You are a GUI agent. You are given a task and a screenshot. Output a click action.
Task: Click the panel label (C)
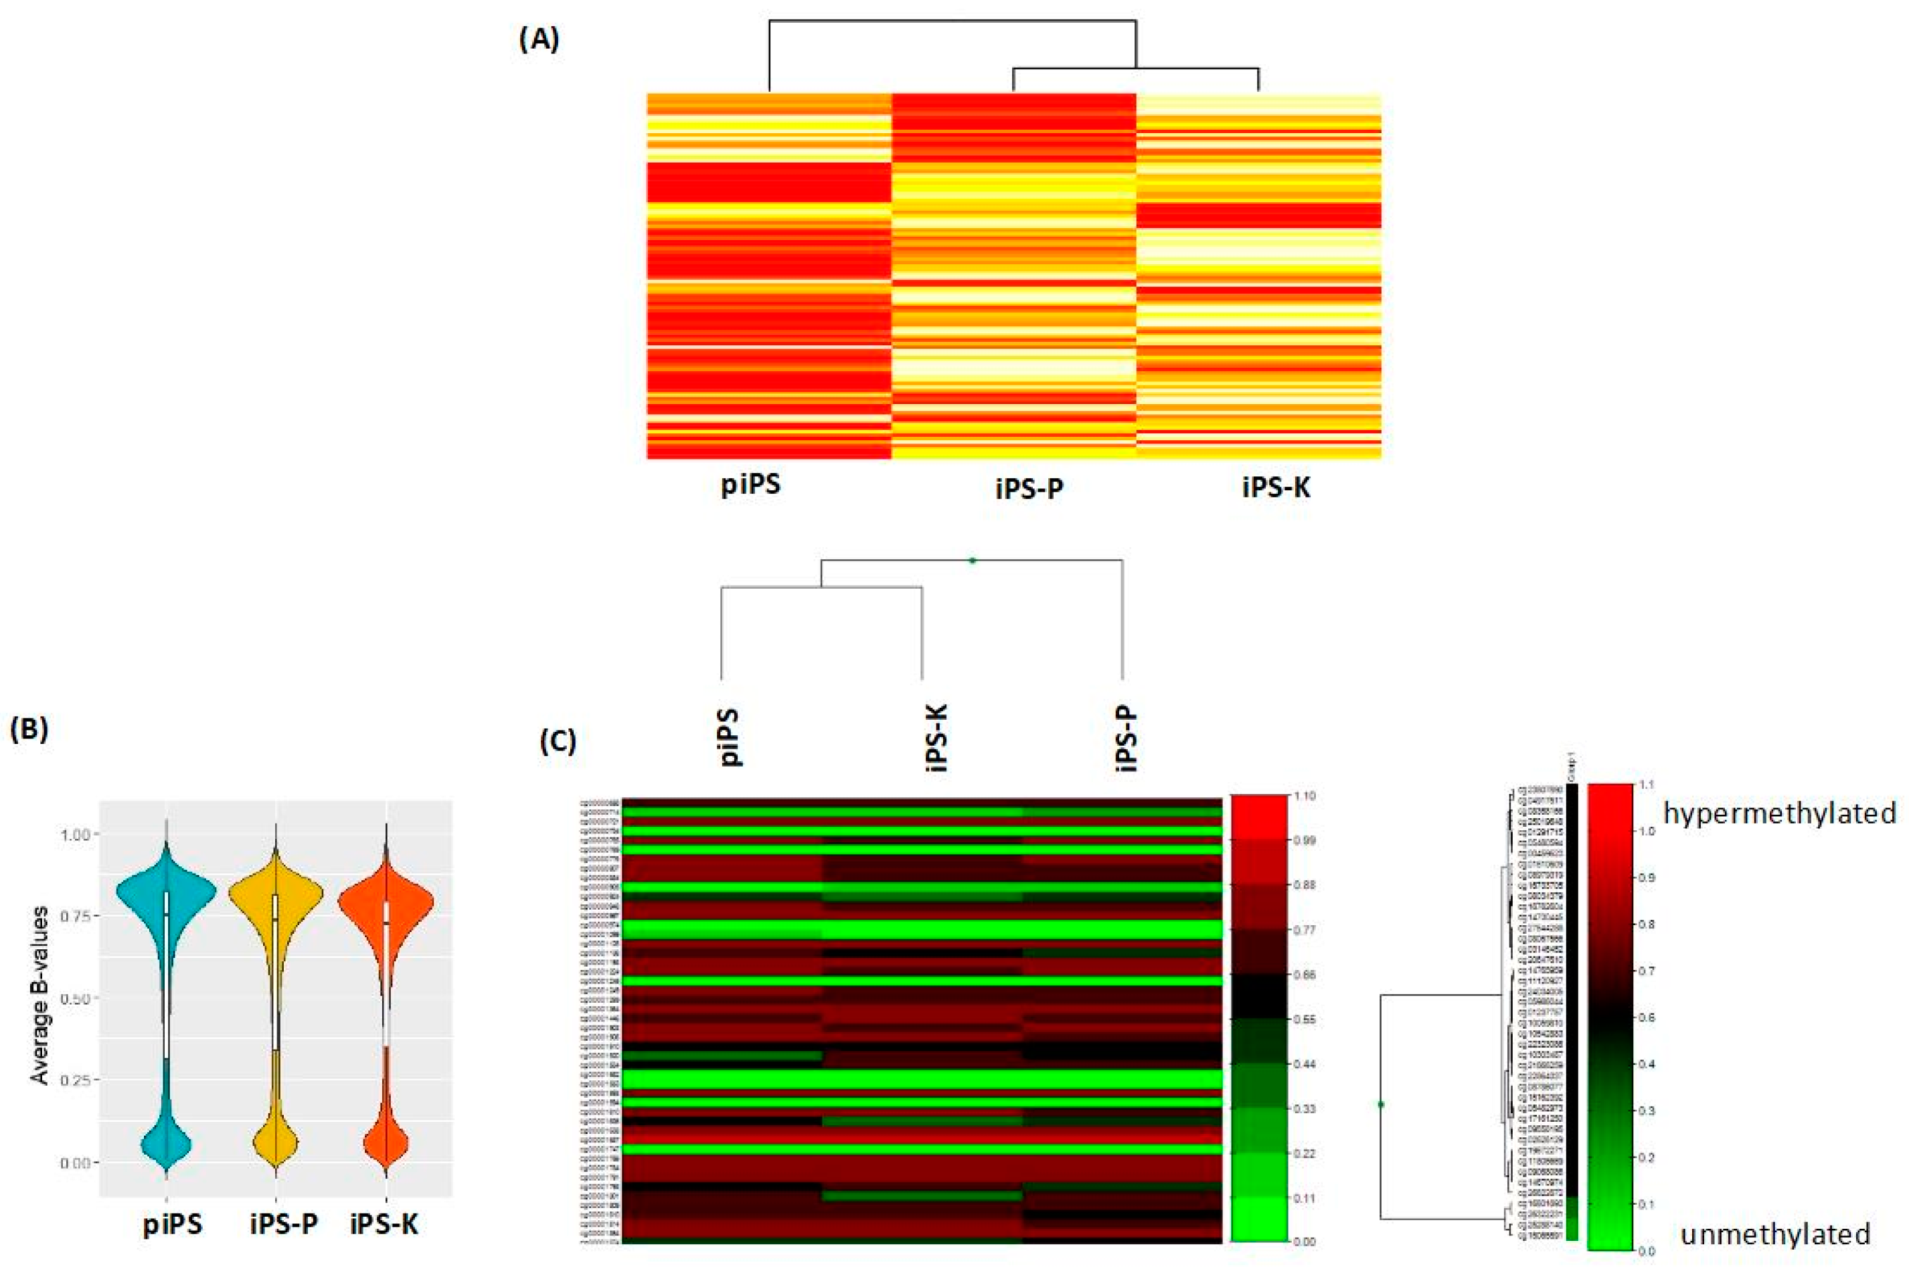pyautogui.click(x=559, y=741)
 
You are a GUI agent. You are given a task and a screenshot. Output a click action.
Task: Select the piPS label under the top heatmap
pyautogui.click(x=750, y=485)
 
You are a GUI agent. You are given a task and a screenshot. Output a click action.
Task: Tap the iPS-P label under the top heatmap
pyautogui.click(x=1029, y=488)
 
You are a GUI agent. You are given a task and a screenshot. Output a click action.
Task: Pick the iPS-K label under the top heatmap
pyautogui.click(x=1276, y=487)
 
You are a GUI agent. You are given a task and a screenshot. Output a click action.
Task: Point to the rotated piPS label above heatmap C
pyautogui.click(x=731, y=737)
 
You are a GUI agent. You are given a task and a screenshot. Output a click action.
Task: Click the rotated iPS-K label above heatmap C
pyautogui.click(x=936, y=737)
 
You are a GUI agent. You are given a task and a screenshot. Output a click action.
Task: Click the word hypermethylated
pyautogui.click(x=1780, y=813)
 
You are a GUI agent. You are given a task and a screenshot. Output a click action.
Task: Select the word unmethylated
pyautogui.click(x=1775, y=1234)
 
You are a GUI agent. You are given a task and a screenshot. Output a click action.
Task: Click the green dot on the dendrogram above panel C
pyautogui.click(x=973, y=560)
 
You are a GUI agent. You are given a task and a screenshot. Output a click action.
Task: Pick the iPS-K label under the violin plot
pyautogui.click(x=384, y=1223)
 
